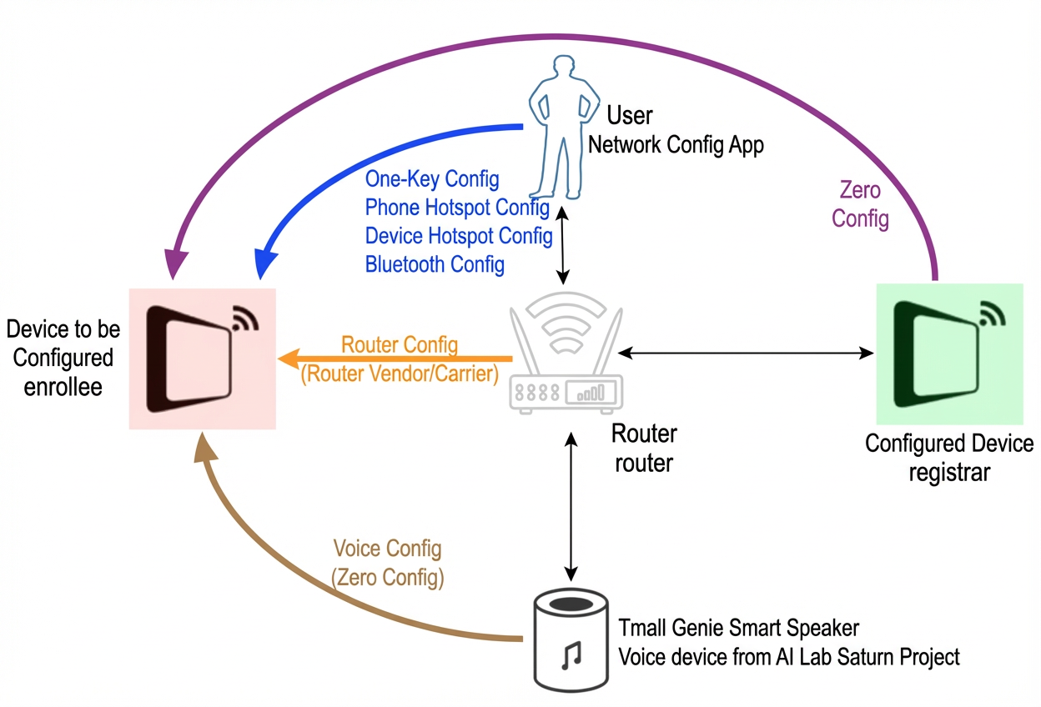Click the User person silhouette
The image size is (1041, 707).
(563, 128)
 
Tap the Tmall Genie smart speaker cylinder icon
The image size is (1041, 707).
(571, 640)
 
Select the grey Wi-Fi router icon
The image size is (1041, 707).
(566, 353)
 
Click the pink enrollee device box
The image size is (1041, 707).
(202, 359)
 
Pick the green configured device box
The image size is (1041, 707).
(949, 354)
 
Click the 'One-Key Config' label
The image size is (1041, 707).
(432, 179)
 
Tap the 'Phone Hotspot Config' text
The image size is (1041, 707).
(457, 208)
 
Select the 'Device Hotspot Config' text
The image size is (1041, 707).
(459, 236)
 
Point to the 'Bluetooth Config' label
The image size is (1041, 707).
(435, 264)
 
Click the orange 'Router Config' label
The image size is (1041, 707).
(400, 344)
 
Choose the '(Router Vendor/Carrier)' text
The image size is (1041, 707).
(400, 374)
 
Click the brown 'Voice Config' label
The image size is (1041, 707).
(387, 548)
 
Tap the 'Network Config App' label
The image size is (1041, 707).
(676, 145)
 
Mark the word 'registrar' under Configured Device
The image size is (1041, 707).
(949, 473)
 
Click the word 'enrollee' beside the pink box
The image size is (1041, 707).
(63, 387)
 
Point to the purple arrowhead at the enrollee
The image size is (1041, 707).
(175, 263)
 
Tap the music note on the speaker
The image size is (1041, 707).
(571, 655)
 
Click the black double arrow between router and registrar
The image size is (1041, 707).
(746, 353)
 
